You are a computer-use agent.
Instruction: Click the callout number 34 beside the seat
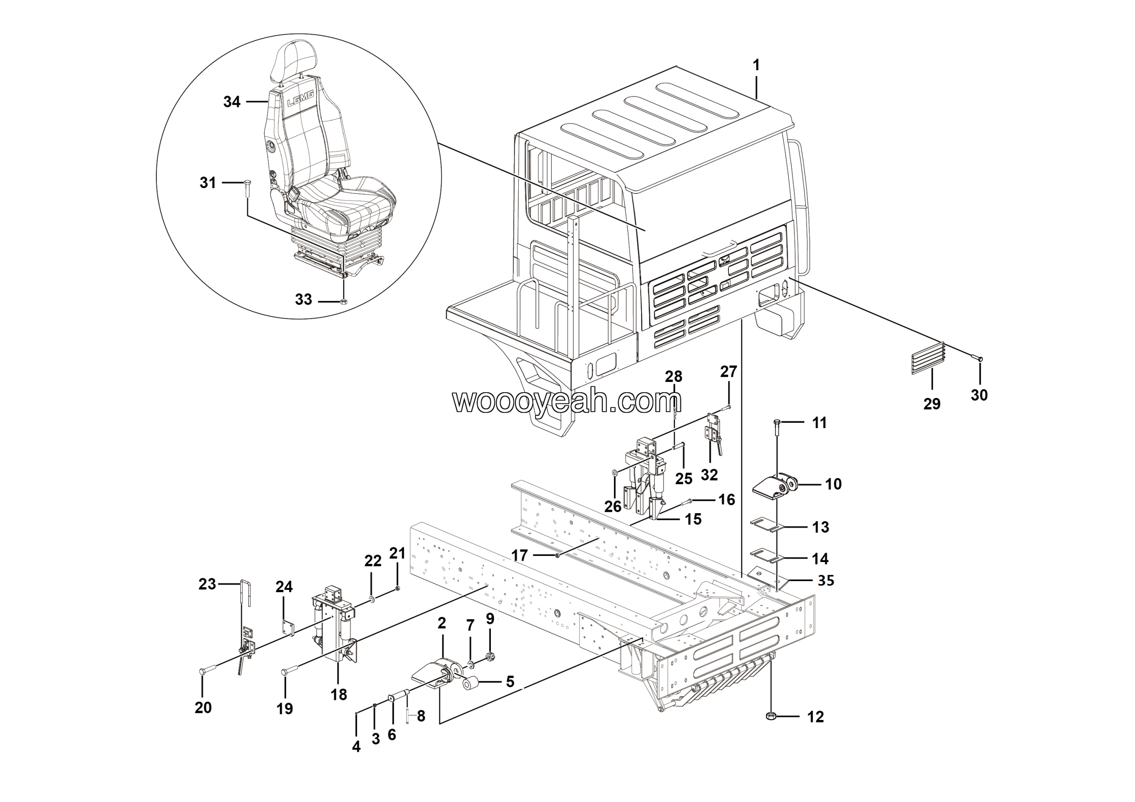232,102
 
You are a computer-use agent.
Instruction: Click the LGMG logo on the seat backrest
301,102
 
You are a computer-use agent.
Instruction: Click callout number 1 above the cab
756,65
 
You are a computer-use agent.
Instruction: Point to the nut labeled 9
489,657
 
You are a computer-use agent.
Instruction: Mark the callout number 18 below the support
339,695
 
